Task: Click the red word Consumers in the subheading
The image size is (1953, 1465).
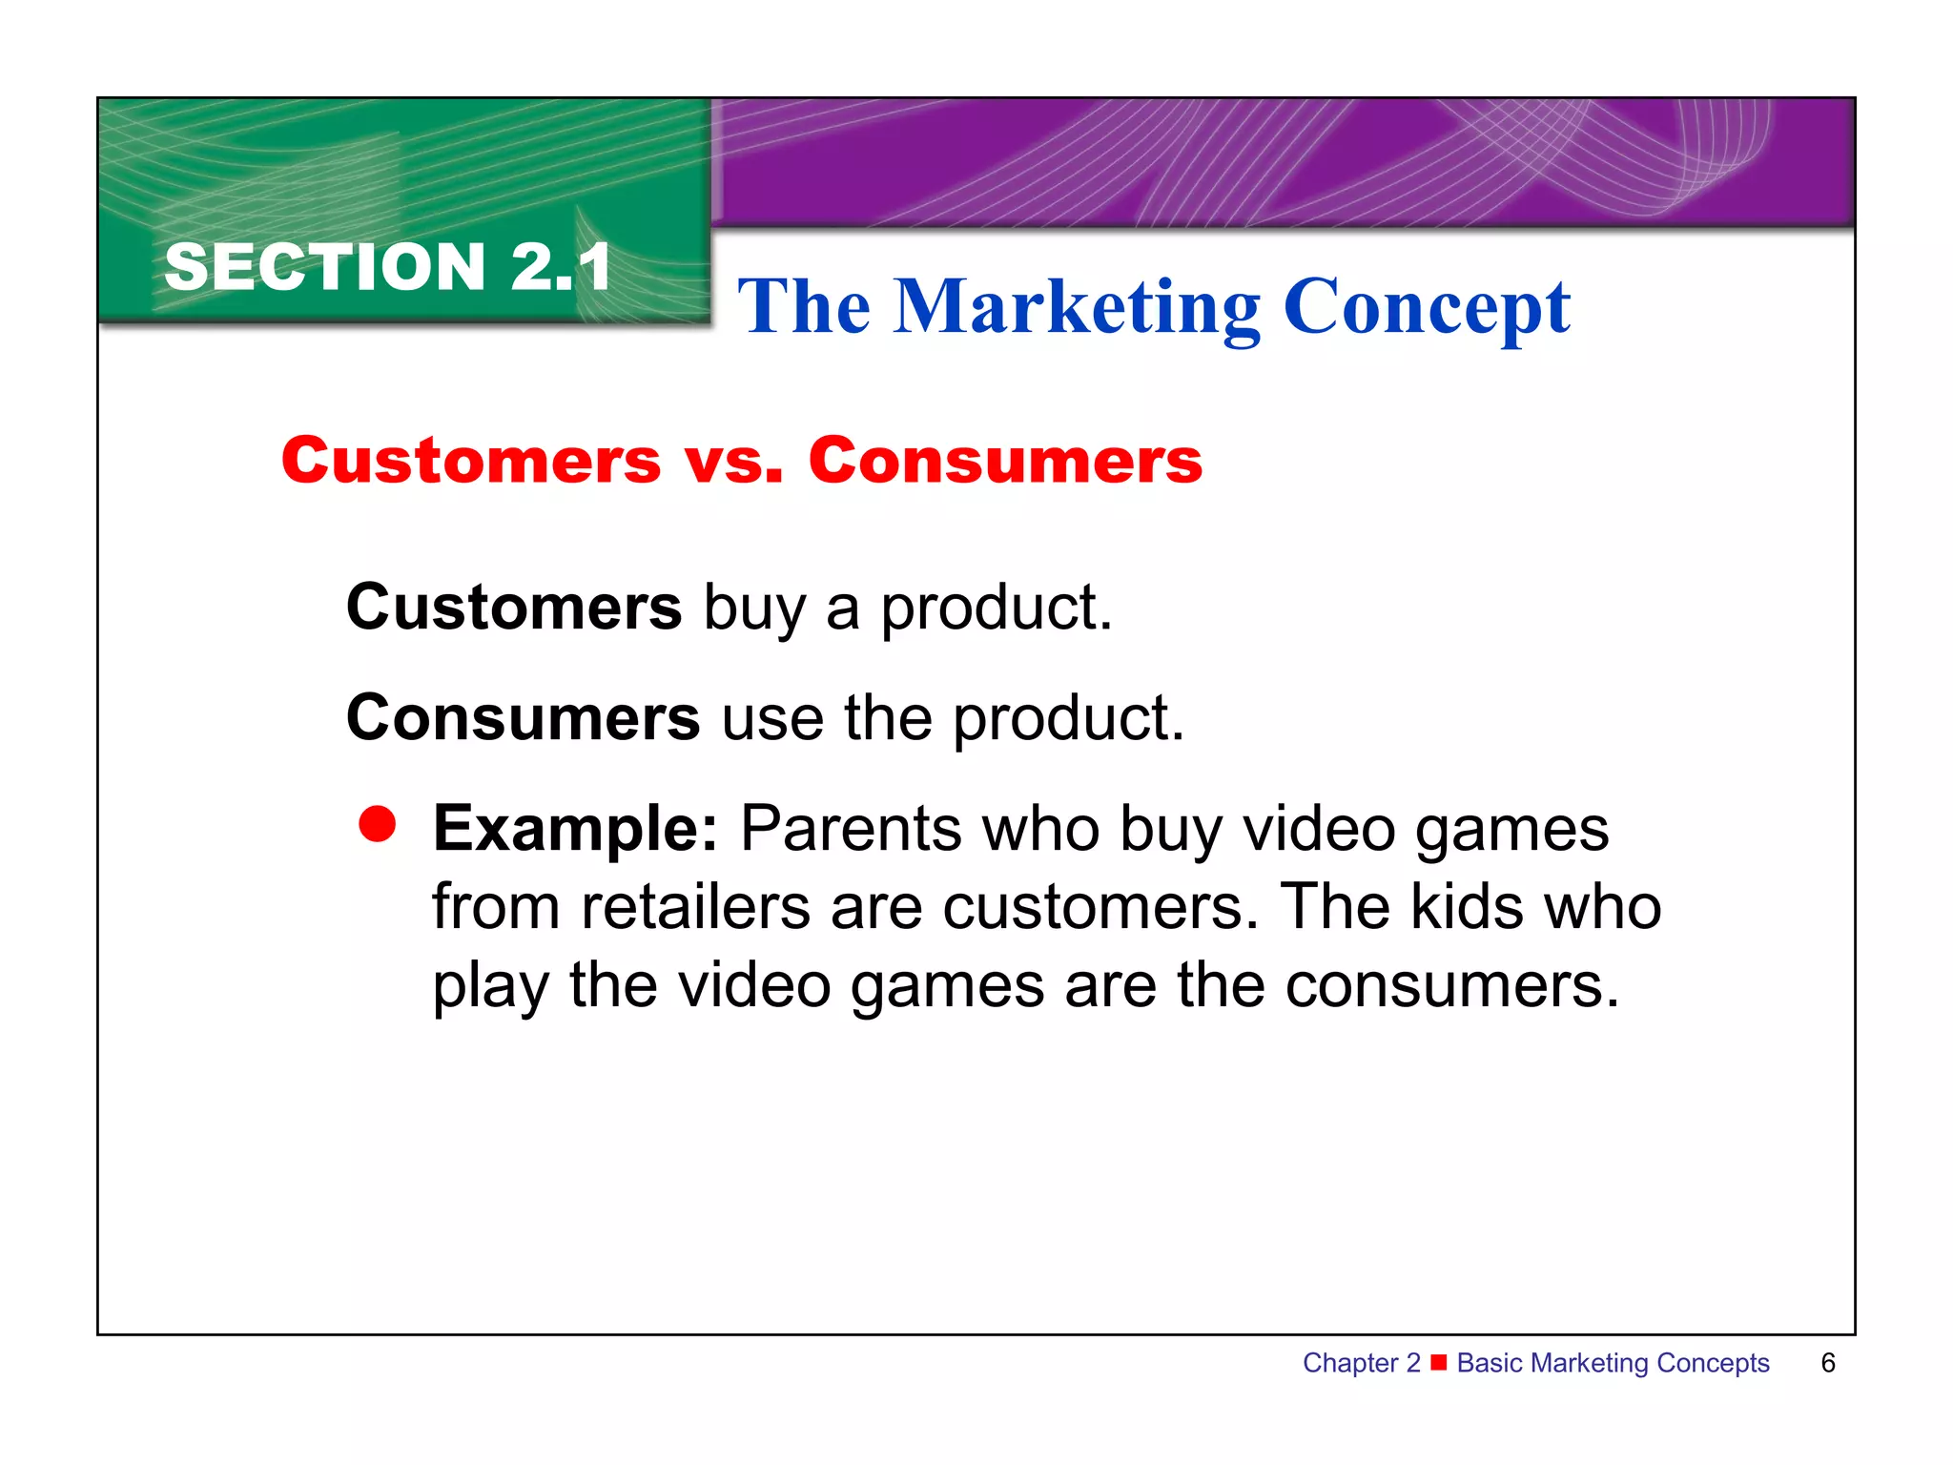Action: (x=1005, y=461)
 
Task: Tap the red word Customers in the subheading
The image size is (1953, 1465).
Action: (x=471, y=461)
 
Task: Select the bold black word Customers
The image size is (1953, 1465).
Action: (x=514, y=607)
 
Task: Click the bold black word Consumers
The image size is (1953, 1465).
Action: (x=523, y=717)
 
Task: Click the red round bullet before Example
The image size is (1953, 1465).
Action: (x=378, y=825)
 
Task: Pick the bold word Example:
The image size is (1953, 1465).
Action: (x=575, y=828)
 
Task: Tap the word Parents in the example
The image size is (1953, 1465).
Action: (x=852, y=828)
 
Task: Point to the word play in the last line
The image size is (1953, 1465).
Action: (x=490, y=986)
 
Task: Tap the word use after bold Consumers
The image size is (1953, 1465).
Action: (x=771, y=719)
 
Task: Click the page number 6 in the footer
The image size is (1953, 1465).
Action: (x=1827, y=1363)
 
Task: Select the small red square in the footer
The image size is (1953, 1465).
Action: (x=1439, y=1362)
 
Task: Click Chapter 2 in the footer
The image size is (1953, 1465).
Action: (x=1361, y=1363)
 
